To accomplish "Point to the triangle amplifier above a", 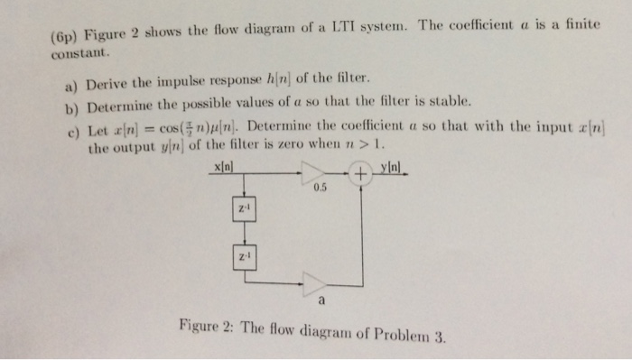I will [316, 282].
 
